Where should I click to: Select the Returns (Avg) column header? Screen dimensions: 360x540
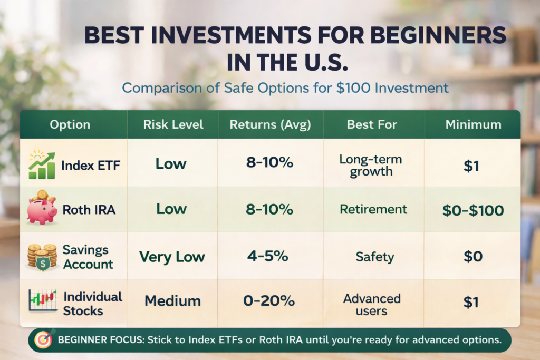tap(270, 125)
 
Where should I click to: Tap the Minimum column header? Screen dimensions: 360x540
tap(473, 125)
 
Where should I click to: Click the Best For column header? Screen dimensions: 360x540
tap(372, 125)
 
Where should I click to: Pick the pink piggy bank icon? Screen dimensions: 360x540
tap(42, 208)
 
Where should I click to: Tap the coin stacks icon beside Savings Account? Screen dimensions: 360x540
tap(42, 257)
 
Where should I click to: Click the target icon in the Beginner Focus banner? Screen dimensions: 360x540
tap(43, 340)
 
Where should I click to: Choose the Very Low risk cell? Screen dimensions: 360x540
tap(172, 257)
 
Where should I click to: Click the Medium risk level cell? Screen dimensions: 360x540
tap(172, 301)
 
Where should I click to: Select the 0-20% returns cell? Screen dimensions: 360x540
tap(269, 301)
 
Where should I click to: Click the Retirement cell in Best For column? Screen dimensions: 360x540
tap(373, 209)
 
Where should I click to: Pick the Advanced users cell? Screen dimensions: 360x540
tap(372, 305)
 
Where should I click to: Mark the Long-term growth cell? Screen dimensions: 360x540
tap(371, 165)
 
